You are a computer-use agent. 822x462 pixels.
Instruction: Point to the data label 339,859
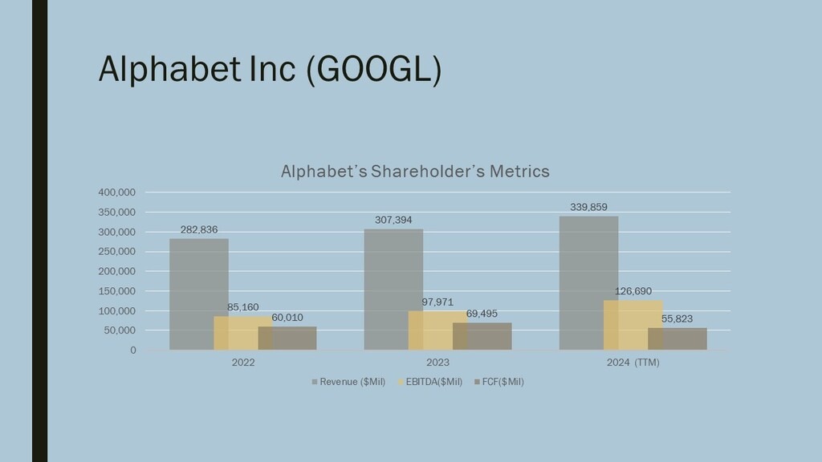(588, 208)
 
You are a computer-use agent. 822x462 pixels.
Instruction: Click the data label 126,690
(633, 291)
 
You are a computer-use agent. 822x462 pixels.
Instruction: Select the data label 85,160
(243, 307)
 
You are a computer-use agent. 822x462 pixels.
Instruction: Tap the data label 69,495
(482, 314)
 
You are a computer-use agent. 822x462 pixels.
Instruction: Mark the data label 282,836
(199, 230)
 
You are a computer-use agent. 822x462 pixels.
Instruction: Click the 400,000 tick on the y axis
(116, 192)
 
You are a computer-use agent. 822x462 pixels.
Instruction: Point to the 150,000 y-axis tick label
(116, 291)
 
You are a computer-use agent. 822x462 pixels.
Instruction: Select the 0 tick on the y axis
(132, 351)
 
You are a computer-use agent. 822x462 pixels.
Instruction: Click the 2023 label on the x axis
(437, 363)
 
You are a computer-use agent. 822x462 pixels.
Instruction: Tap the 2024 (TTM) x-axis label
(633, 363)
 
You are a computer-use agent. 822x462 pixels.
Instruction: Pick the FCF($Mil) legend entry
(503, 382)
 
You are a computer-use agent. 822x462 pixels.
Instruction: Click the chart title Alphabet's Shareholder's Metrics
(414, 171)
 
